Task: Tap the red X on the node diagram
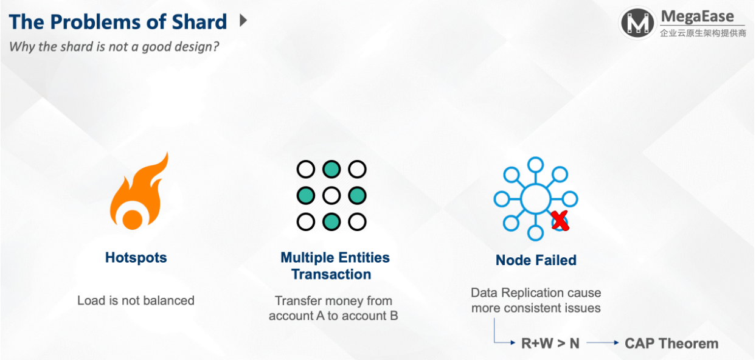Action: pos(560,221)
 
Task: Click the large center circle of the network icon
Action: pos(536,199)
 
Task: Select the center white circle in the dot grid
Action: pos(331,196)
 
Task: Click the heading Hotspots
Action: pos(136,257)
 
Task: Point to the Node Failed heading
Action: pos(536,260)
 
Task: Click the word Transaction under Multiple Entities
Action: pos(331,274)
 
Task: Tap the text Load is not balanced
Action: pos(136,300)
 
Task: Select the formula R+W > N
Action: pos(550,344)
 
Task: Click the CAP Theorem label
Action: pos(671,344)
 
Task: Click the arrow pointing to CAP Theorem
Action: pos(603,343)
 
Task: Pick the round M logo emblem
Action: pos(637,23)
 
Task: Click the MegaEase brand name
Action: pos(698,16)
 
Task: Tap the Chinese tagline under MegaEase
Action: pos(703,33)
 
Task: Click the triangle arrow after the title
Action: pos(243,20)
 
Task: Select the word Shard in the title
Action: pos(199,22)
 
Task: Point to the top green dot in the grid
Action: pos(331,169)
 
